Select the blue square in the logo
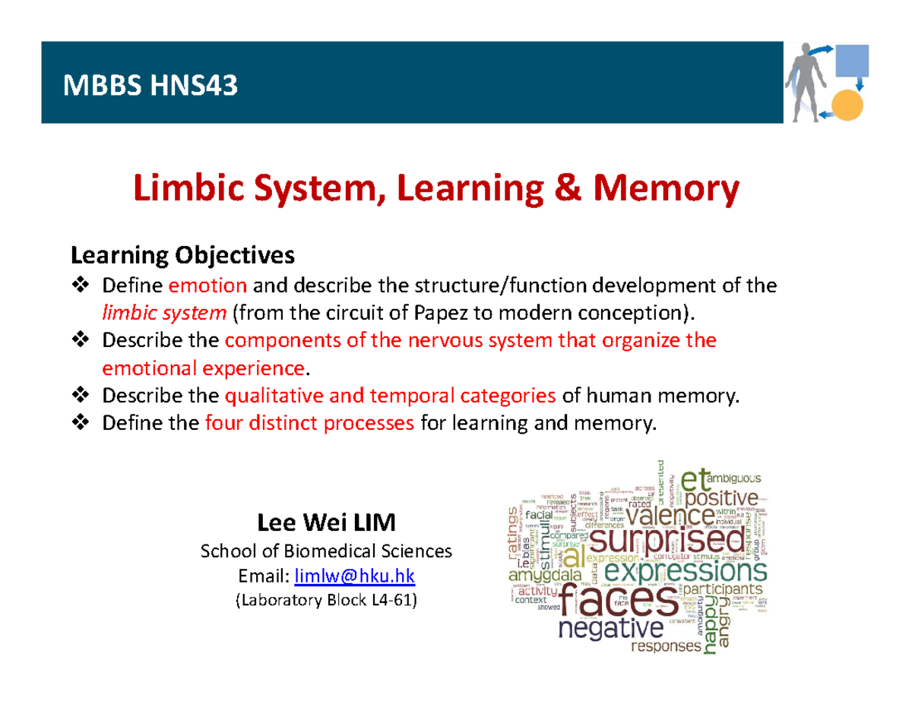click(851, 60)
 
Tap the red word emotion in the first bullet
click(207, 286)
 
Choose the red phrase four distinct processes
click(310, 423)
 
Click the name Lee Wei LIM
click(327, 523)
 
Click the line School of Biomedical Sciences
click(326, 551)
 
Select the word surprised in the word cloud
click(667, 541)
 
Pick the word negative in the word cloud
click(610, 631)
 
